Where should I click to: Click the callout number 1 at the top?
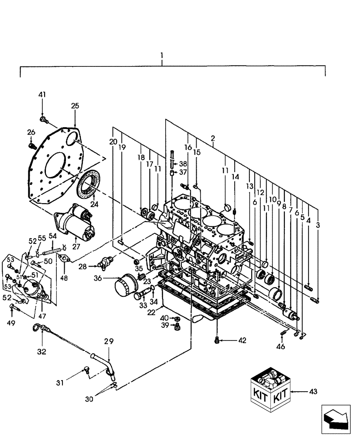[x=162, y=55]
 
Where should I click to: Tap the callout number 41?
[x=42, y=94]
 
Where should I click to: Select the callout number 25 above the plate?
[x=75, y=106]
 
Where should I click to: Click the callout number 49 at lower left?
[x=11, y=323]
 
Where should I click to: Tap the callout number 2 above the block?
[x=212, y=139]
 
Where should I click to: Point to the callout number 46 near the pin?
[x=281, y=347]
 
